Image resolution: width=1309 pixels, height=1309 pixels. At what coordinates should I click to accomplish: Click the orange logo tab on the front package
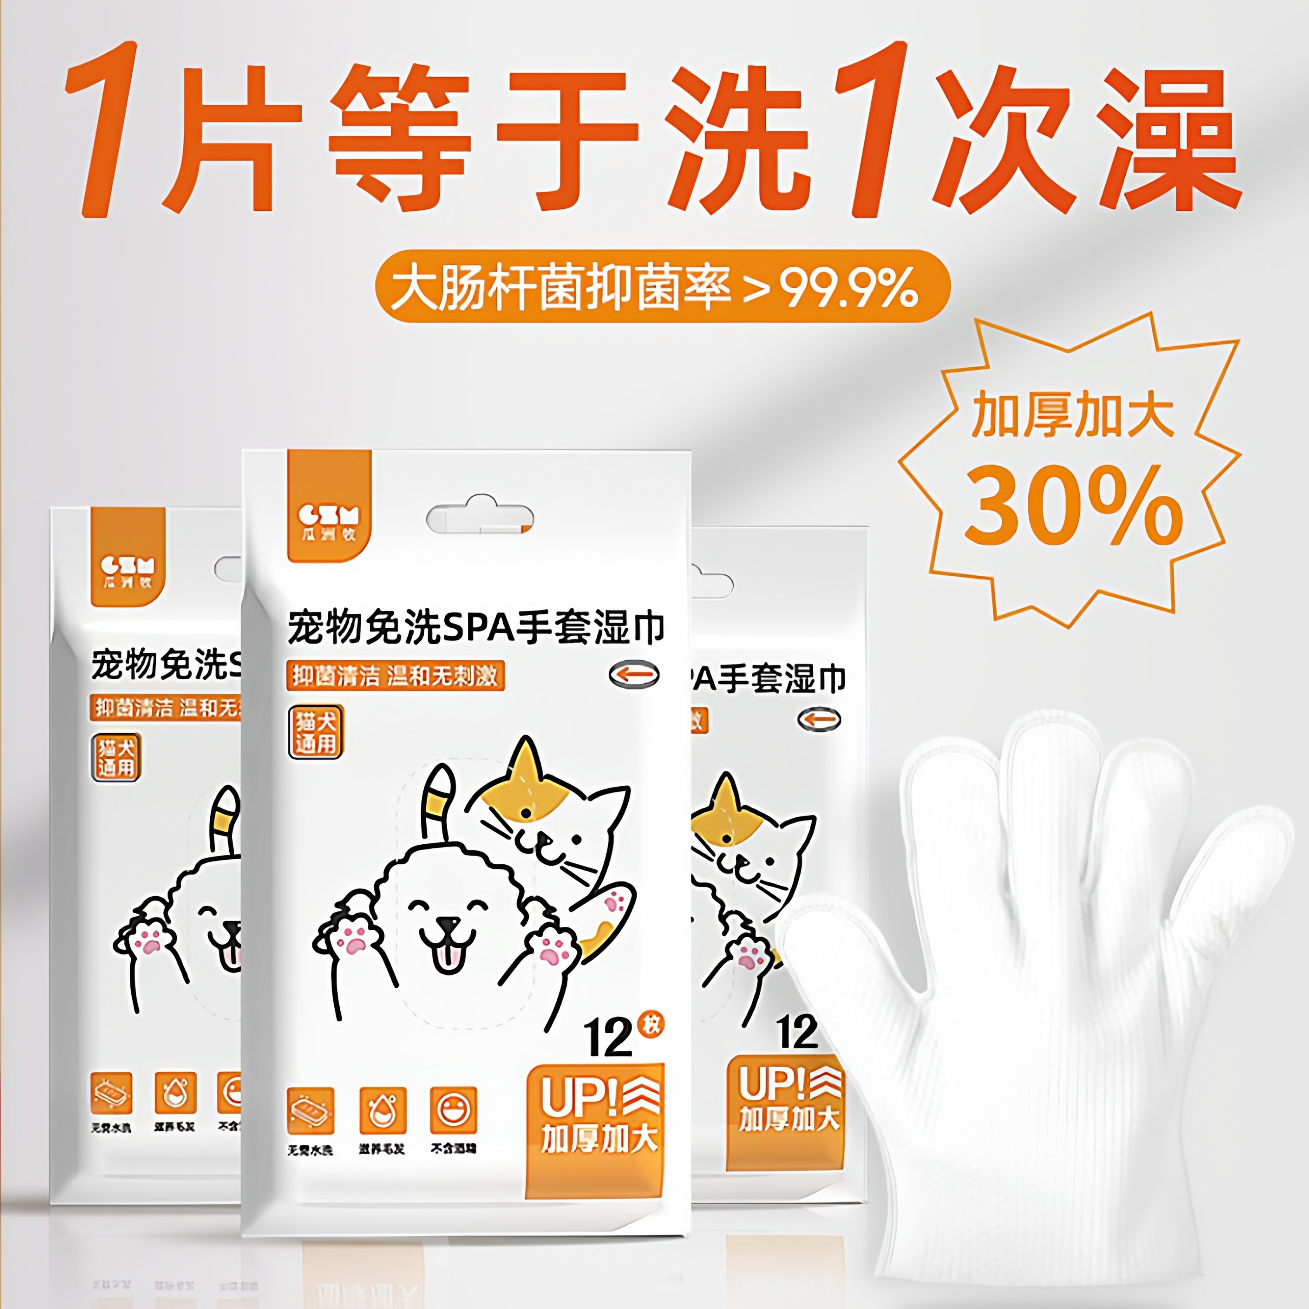tap(329, 505)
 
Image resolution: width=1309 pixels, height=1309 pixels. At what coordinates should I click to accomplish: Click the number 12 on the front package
tap(608, 1037)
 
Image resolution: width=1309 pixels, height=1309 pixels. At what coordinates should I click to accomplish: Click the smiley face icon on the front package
tap(453, 1110)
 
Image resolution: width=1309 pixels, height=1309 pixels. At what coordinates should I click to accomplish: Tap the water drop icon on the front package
tap(382, 1110)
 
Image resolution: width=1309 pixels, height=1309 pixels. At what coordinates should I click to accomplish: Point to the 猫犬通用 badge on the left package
tap(116, 757)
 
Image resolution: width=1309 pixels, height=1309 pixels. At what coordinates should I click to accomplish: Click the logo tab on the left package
tap(127, 557)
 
